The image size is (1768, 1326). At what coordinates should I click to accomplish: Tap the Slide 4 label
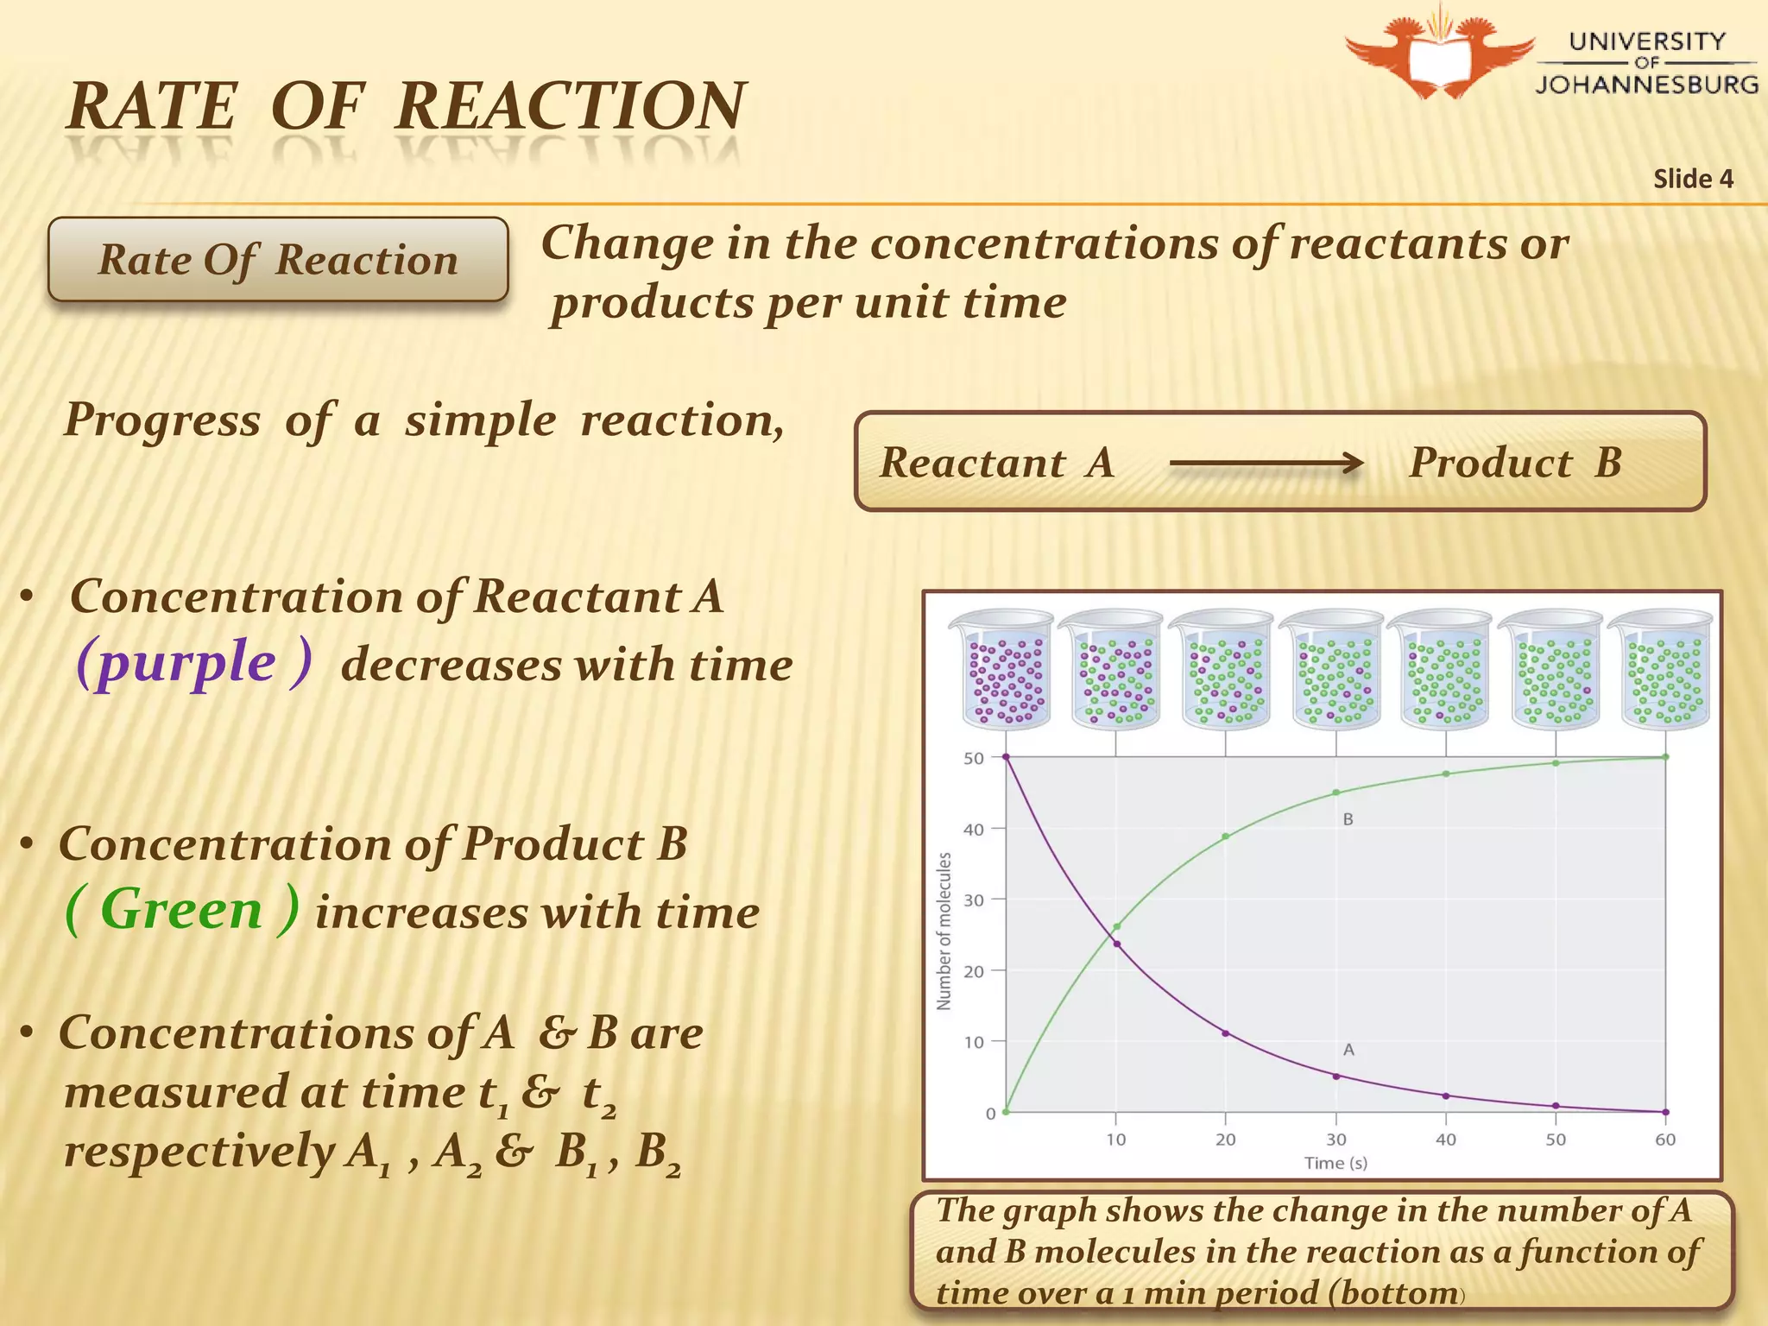1693,179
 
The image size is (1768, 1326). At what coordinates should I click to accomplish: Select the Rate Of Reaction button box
278,259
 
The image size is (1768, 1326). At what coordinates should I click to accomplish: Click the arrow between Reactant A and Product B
1266,464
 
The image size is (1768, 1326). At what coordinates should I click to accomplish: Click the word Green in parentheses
181,910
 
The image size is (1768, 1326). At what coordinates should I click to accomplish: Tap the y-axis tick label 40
973,830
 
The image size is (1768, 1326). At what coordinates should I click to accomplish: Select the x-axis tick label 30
1335,1140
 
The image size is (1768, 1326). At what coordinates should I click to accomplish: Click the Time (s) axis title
1335,1163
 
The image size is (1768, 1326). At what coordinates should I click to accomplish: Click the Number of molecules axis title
944,931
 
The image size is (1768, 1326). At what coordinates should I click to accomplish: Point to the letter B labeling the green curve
1348,819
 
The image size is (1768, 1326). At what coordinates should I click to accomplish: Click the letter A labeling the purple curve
1348,1050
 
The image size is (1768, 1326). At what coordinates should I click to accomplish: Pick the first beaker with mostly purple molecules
1006,670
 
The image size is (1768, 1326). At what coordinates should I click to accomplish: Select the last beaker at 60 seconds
1663,670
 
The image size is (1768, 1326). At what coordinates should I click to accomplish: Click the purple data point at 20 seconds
1226,1033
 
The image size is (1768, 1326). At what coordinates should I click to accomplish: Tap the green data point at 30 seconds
1336,792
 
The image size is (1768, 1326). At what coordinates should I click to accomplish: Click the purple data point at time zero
1006,757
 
